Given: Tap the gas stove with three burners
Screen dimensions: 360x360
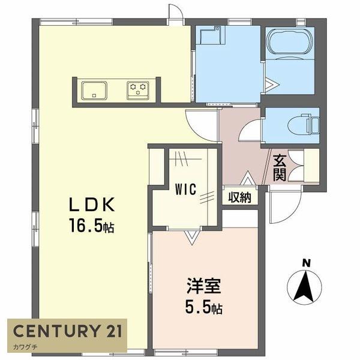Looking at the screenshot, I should pos(139,90).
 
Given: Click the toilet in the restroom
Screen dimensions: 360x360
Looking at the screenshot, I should pos(302,125).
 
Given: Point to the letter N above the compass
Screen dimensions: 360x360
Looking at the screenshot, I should pos(306,263).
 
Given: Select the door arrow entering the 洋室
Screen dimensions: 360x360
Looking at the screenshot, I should pos(191,238).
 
